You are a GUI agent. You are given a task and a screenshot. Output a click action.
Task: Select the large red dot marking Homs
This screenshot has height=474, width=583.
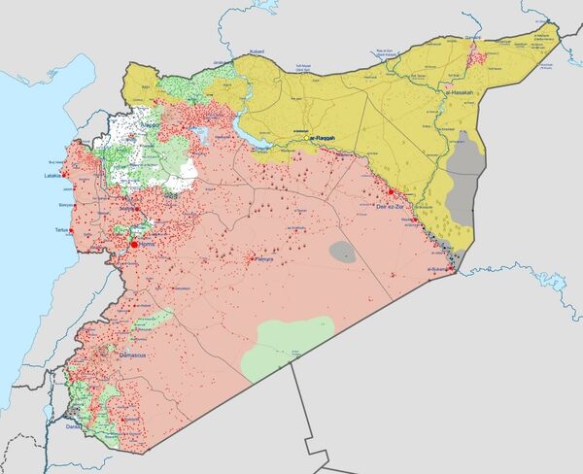tap(134, 245)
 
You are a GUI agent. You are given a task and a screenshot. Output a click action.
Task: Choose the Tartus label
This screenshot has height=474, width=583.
tap(63, 230)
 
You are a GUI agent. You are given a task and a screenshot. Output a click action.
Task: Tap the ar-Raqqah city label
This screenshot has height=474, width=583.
tap(327, 138)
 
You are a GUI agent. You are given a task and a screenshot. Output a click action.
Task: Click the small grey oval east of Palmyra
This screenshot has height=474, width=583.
tap(343, 252)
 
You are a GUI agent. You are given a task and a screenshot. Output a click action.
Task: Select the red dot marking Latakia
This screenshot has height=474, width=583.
tap(64, 175)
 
